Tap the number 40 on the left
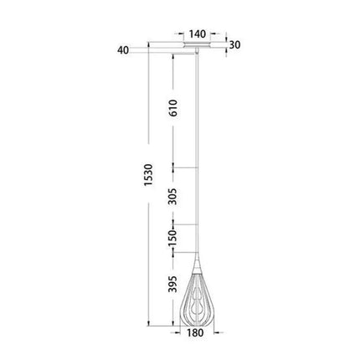(125, 51)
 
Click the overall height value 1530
(148, 191)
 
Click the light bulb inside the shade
(198, 303)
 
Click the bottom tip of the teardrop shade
(198, 326)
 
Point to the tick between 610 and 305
(173, 168)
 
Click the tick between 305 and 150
(173, 225)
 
